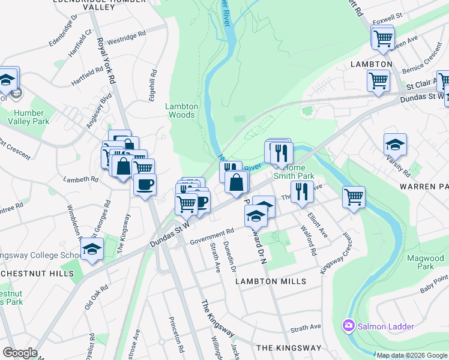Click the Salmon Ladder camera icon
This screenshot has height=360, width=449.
click(348, 326)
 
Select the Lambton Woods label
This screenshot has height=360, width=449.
click(181, 110)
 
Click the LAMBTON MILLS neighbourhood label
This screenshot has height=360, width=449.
click(271, 281)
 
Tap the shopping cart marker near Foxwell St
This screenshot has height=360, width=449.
click(382, 39)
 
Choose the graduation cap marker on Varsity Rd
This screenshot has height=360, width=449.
click(395, 144)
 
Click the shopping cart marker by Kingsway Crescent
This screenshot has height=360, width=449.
click(354, 196)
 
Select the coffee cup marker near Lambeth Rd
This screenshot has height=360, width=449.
click(144, 184)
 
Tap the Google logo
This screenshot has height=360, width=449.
click(19, 353)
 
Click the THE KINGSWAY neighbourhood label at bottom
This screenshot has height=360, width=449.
click(289, 348)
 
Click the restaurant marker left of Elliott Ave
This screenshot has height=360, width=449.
click(302, 191)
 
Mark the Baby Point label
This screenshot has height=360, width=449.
click(434, 282)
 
